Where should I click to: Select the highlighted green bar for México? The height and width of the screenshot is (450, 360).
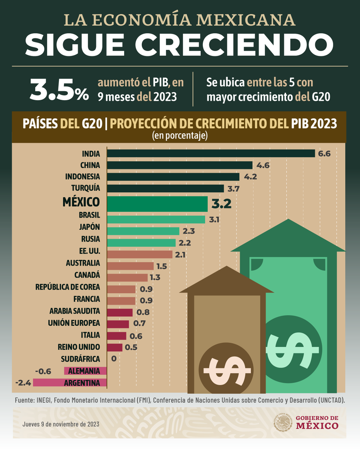point(157,204)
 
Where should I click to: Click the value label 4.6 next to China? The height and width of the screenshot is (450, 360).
point(262,165)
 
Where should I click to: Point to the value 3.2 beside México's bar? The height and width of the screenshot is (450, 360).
point(222,204)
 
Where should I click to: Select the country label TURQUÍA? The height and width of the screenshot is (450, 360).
point(85,188)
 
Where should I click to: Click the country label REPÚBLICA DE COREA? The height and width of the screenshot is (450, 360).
point(67,287)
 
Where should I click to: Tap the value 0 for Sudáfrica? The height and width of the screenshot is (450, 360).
point(114,359)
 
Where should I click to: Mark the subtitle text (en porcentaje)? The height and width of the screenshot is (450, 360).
point(180,135)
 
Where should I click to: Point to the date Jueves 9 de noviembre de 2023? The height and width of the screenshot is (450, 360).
point(60,424)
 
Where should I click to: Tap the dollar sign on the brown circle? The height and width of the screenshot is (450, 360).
point(226,369)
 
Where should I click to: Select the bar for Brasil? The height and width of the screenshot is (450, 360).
point(156,219)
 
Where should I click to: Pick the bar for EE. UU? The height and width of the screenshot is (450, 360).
point(139,255)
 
